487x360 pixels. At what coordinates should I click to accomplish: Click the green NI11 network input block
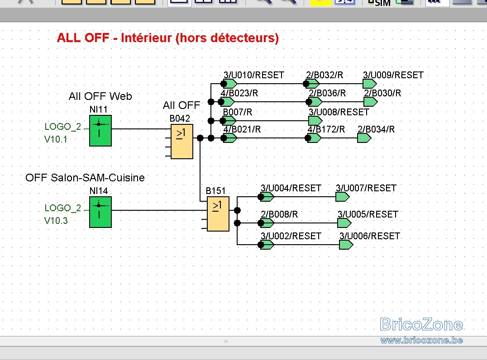coord(100,131)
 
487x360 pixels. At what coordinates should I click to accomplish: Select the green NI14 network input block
coord(100,212)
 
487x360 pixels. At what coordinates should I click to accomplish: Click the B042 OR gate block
coord(181,142)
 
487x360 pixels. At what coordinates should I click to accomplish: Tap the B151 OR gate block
coord(218,214)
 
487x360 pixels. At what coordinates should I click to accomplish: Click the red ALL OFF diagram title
coord(168,38)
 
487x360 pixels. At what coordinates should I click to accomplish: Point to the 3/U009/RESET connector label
coord(393,75)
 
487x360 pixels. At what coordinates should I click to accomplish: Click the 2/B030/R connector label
coord(382,93)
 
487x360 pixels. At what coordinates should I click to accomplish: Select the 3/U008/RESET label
coord(339,112)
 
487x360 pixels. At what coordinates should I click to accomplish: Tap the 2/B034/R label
coord(376,129)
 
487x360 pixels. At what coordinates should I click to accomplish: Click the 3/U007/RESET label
coord(366,188)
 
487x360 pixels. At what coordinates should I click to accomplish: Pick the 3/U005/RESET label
coord(368,214)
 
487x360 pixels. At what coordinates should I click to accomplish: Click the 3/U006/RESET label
coord(370,236)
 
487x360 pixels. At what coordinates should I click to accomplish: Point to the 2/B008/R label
coord(279,214)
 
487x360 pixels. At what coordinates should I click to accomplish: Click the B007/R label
coord(238,112)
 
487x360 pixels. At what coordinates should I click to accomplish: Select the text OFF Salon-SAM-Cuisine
coord(85,178)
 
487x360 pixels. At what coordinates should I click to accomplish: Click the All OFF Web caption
coord(100,96)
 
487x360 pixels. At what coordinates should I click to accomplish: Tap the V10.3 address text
coord(56,221)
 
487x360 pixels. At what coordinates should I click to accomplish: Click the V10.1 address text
coord(56,139)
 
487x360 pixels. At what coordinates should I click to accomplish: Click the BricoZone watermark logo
coord(421,324)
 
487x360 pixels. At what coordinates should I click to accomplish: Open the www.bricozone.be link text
coord(421,341)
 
